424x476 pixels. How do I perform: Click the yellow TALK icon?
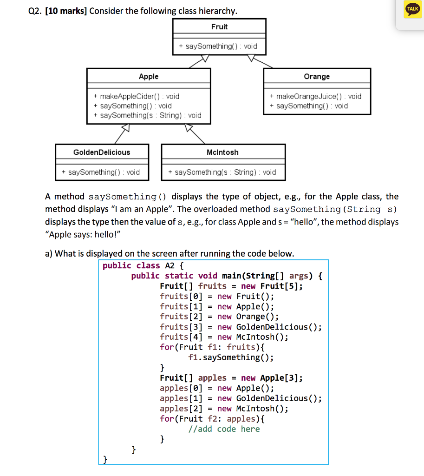point(412,10)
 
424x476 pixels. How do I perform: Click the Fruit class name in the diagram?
point(219,26)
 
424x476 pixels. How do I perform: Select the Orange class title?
point(317,76)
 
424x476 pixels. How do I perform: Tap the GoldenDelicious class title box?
point(102,152)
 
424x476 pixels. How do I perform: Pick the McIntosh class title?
point(222,152)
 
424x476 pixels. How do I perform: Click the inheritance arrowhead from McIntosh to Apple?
point(189,128)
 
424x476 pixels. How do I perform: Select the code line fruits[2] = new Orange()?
point(219,317)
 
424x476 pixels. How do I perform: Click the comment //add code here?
point(224,429)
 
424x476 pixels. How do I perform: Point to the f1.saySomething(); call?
point(231,357)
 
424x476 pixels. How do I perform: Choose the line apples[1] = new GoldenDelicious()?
point(241,398)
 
